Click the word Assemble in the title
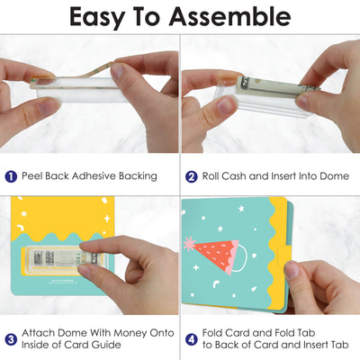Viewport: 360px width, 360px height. pyautogui.click(x=229, y=16)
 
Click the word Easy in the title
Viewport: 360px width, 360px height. pyautogui.click(x=96, y=18)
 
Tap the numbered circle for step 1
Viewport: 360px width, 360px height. pyautogui.click(x=11, y=176)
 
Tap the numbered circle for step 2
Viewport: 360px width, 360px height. pyautogui.click(x=191, y=176)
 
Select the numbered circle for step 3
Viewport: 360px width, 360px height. pyautogui.click(x=11, y=339)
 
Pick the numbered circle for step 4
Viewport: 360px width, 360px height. pyautogui.click(x=191, y=339)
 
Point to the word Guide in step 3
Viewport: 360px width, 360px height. pyautogui.click(x=106, y=345)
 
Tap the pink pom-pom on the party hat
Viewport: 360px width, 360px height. pyautogui.click(x=190, y=244)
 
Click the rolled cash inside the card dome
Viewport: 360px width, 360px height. pyautogui.click(x=65, y=258)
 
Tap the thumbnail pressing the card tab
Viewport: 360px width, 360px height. pyautogui.click(x=291, y=269)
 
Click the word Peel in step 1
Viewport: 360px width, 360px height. pyautogui.click(x=31, y=175)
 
